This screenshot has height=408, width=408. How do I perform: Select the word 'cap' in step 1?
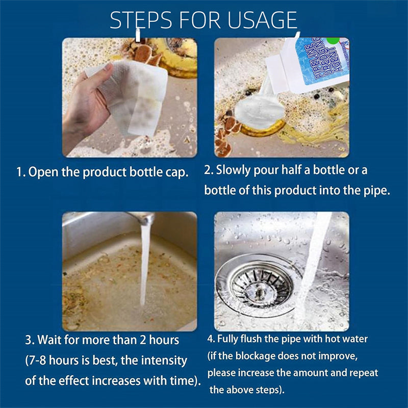tap(179, 172)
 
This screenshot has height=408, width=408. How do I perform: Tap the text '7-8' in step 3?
tap(40, 361)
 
